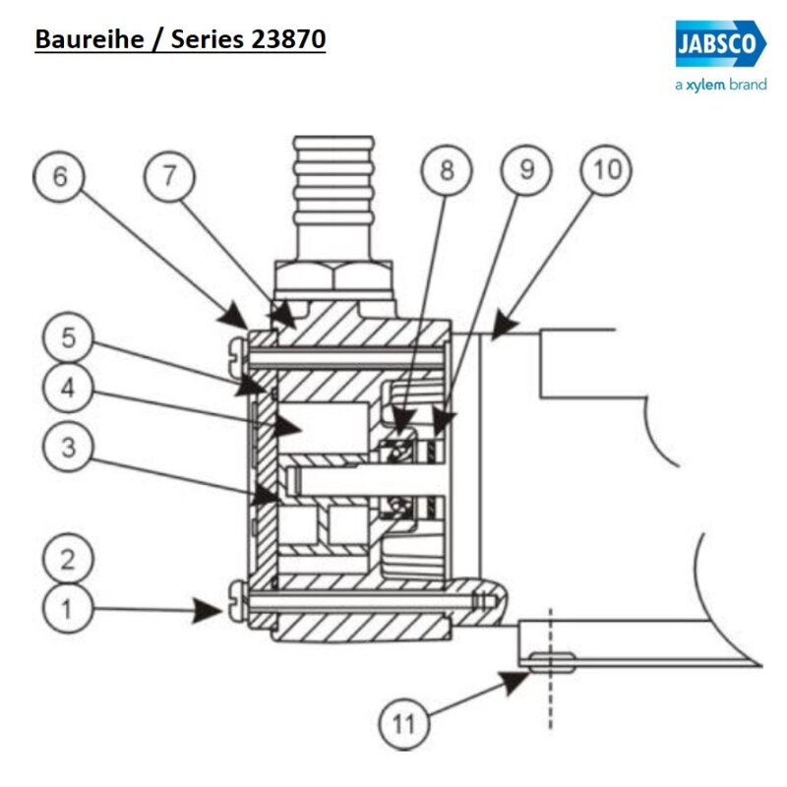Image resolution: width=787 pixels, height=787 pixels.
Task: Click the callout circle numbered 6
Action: pyautogui.click(x=62, y=176)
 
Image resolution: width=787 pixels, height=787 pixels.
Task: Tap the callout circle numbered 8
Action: pyautogui.click(x=448, y=170)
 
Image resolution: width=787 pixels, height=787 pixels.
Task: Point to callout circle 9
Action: pyautogui.click(x=527, y=170)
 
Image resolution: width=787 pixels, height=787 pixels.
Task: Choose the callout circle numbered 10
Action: pyautogui.click(x=607, y=170)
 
